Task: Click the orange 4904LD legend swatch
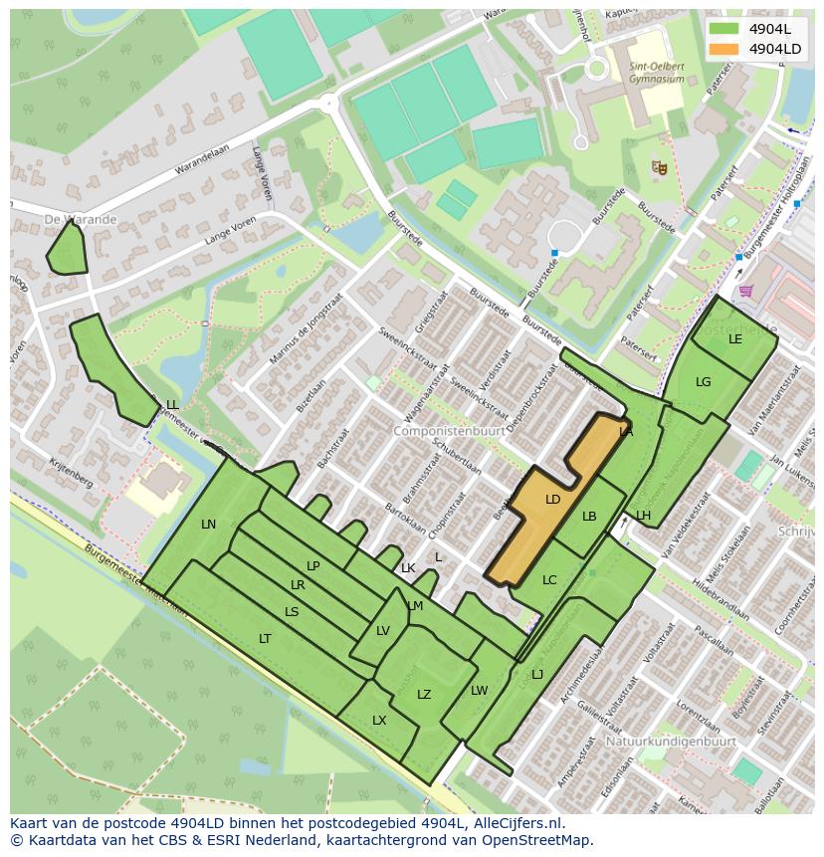coord(724,49)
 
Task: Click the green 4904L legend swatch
coord(724,29)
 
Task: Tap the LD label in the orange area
coord(553,500)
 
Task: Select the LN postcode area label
coord(208,525)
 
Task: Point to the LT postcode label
coord(265,639)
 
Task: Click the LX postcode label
coord(379,721)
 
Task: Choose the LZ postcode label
coord(424,695)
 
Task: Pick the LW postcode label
coord(480,691)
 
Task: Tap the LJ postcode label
coord(537,675)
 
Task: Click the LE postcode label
coord(735,339)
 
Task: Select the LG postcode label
coord(704,382)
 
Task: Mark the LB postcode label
coord(589,517)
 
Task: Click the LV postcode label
coord(383,631)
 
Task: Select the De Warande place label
coord(81,219)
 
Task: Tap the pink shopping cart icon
coord(746,291)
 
